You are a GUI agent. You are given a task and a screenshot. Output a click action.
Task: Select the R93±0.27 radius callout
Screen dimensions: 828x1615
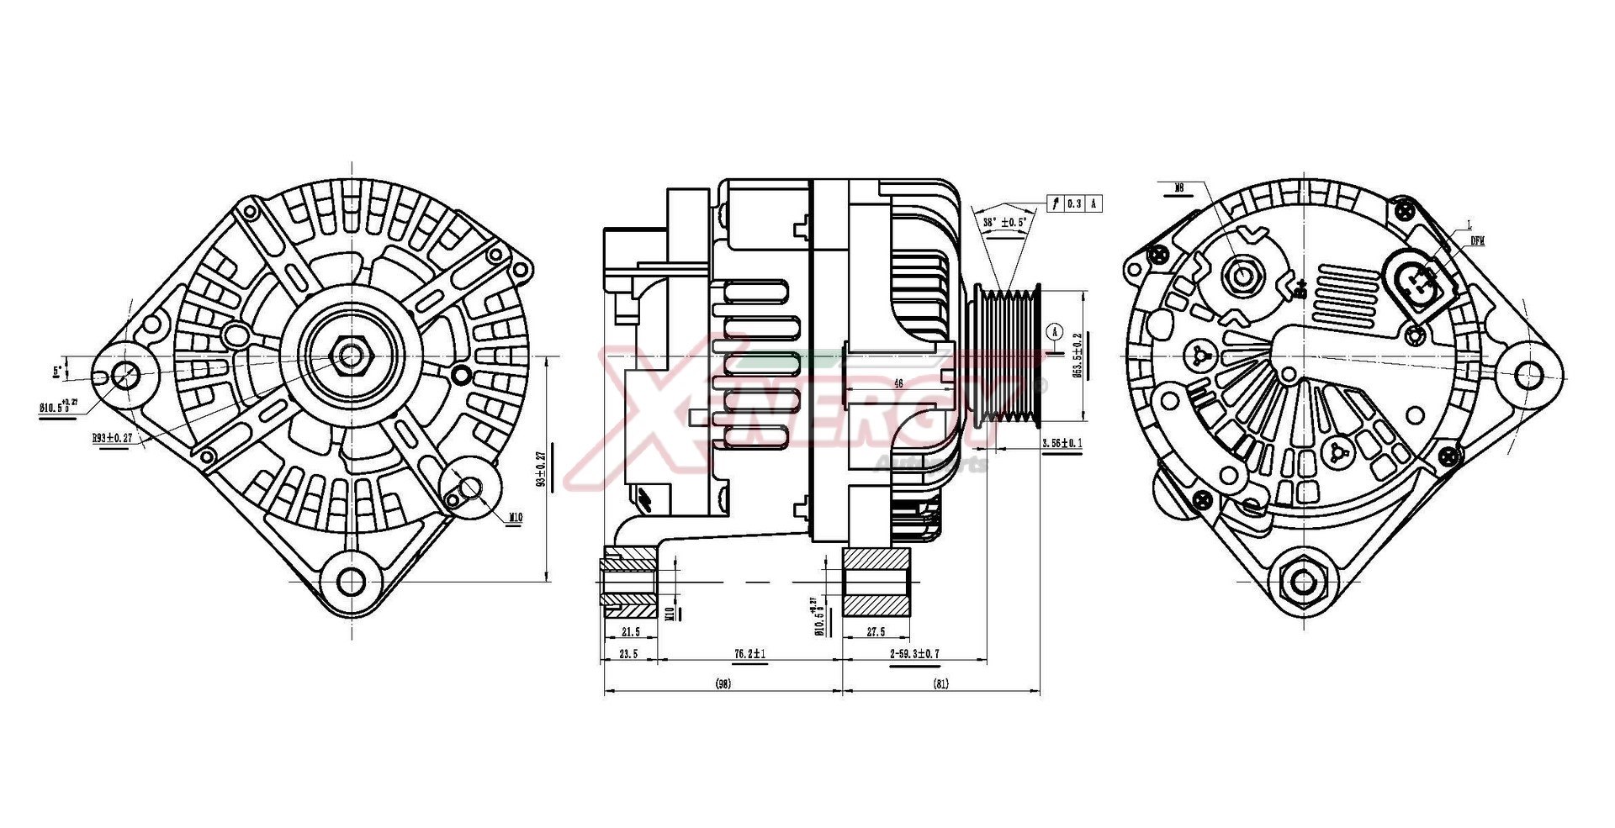click(x=113, y=438)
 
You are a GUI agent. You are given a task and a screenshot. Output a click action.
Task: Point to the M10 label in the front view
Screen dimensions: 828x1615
click(x=515, y=518)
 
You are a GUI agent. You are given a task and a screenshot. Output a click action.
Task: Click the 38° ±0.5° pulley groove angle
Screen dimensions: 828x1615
click(x=1005, y=223)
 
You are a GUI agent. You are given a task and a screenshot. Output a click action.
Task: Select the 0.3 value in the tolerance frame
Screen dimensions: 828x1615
click(x=1073, y=203)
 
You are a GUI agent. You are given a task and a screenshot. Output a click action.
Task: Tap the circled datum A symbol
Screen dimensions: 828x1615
click(x=1056, y=331)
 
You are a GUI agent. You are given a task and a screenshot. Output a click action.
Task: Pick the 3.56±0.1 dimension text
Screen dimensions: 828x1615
click(x=1062, y=443)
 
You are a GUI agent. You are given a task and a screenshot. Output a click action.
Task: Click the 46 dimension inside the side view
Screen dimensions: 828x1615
click(x=898, y=383)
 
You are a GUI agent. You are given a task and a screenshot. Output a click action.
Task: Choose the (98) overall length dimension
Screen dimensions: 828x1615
click(x=723, y=684)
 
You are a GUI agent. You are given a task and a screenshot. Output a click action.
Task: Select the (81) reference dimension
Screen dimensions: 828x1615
click(x=941, y=684)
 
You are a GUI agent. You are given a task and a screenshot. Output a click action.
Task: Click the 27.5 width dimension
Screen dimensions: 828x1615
click(x=875, y=632)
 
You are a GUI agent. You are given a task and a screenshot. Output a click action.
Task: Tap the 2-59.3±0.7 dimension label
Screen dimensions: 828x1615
click(x=914, y=653)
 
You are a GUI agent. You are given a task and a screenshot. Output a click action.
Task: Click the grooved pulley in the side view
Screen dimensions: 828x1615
click(x=1009, y=353)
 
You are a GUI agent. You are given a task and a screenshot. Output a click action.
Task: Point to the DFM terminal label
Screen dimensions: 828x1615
click(x=1477, y=240)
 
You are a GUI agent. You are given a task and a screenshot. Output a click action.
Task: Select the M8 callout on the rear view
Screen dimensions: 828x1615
click(x=1179, y=188)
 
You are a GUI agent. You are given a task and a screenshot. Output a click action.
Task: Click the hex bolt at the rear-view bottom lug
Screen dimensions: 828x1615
click(x=1303, y=581)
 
